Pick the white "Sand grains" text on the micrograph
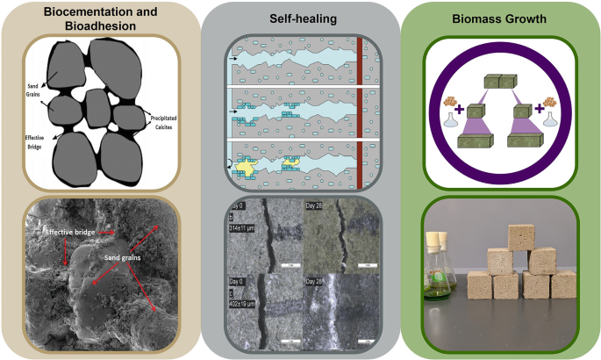coord(124,260)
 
